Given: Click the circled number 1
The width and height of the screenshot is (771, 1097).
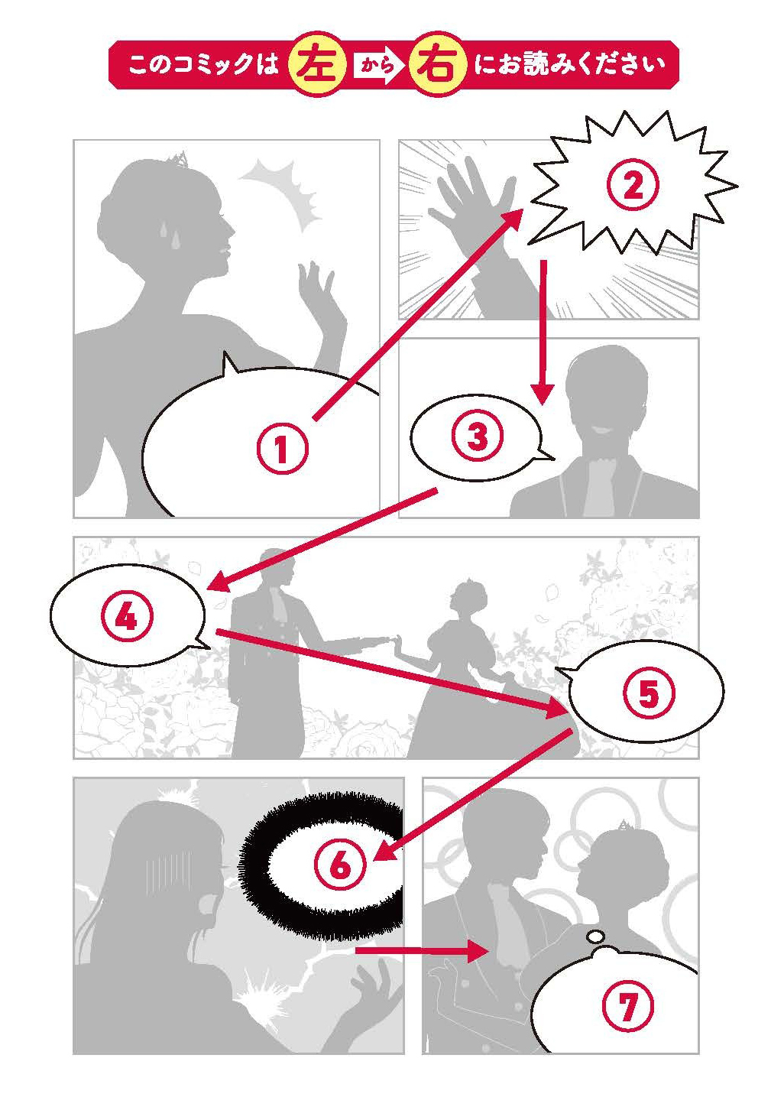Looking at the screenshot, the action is click(283, 449).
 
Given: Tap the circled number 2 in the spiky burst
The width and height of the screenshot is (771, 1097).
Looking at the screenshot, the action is click(633, 185).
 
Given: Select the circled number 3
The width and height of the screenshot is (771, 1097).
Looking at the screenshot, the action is click(478, 436).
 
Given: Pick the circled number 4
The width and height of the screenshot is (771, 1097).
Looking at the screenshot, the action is click(127, 616).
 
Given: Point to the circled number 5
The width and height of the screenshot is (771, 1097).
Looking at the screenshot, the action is click(649, 693).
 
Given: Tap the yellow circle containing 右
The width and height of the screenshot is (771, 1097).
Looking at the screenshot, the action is click(436, 65).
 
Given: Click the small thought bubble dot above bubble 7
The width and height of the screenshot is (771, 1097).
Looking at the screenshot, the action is click(595, 936).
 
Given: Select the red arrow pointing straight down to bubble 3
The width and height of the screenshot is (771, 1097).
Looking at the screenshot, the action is click(543, 333).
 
